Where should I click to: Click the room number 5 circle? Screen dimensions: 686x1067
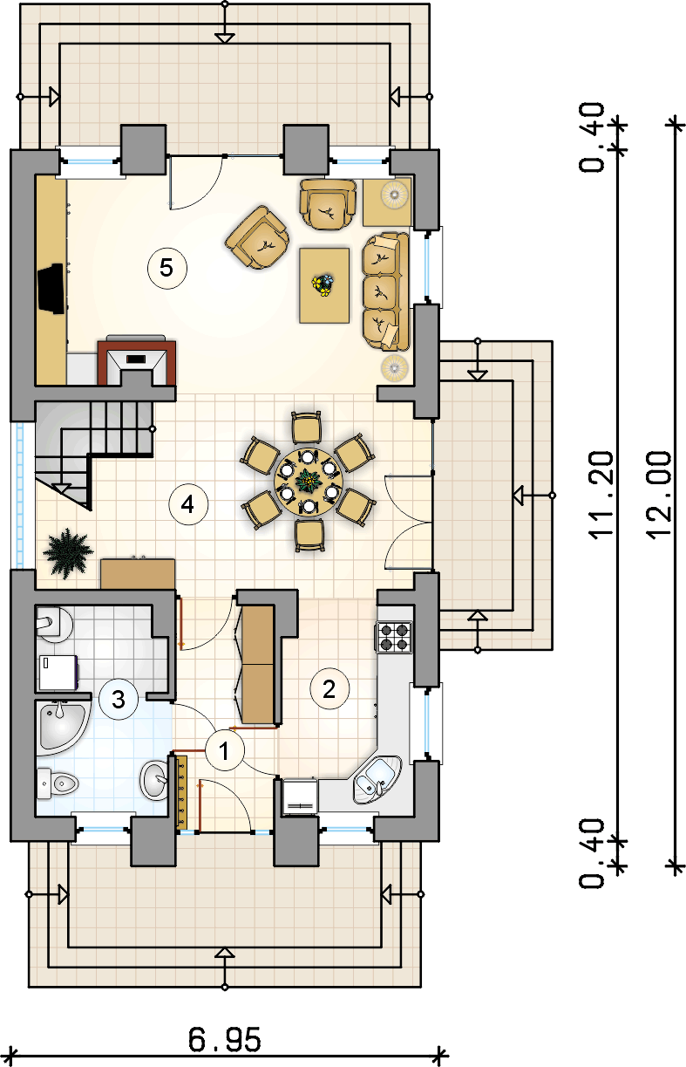(166, 268)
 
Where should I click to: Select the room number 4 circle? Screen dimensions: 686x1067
(188, 504)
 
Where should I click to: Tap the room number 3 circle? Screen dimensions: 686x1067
(118, 700)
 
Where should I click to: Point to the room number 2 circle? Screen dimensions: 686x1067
(329, 688)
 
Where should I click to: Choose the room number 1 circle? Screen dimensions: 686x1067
(224, 750)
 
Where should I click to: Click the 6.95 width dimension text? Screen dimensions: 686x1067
(225, 1040)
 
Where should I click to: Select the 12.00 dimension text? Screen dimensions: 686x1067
(659, 496)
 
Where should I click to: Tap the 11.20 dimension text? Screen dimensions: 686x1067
(601, 496)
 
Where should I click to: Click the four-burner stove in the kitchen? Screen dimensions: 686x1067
(394, 637)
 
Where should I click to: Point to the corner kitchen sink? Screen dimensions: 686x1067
(377, 779)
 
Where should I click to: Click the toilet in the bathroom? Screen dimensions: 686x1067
(58, 783)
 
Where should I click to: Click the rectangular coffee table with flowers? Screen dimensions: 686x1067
(324, 285)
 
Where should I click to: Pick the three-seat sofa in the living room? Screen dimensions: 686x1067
(385, 291)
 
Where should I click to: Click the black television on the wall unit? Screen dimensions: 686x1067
(51, 289)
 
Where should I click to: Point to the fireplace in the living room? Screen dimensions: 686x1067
(137, 360)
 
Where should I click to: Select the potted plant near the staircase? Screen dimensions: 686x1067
(68, 552)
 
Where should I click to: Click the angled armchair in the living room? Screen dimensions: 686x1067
(257, 237)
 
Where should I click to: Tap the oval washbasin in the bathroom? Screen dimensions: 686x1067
(153, 780)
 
